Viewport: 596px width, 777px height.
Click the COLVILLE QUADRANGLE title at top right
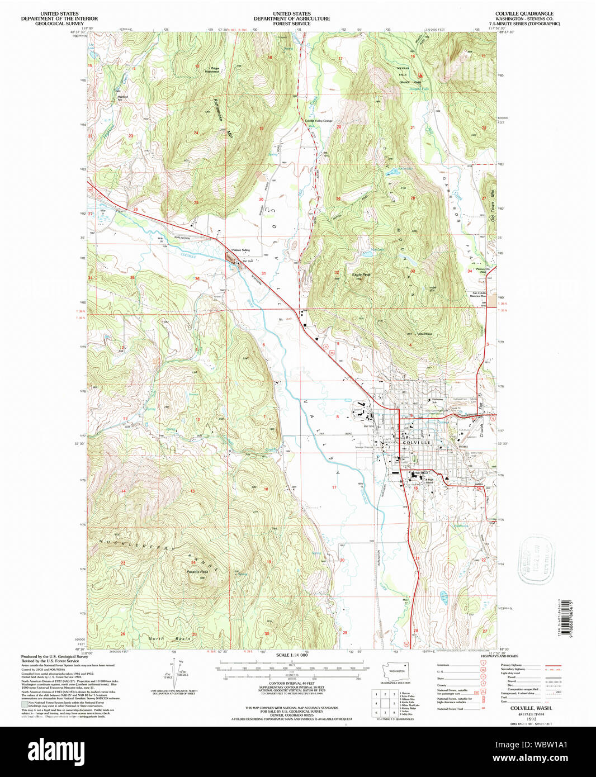[x=516, y=13]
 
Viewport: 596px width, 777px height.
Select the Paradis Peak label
[x=197, y=571]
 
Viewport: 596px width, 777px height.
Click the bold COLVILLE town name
[x=417, y=442]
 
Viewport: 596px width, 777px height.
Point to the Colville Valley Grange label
[x=319, y=121]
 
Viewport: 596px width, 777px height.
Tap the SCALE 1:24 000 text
[x=292, y=655]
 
